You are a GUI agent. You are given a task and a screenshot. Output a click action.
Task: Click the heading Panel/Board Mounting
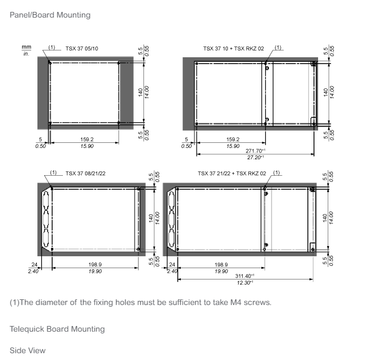[50, 15]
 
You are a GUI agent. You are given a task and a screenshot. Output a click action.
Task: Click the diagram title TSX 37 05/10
[82, 49]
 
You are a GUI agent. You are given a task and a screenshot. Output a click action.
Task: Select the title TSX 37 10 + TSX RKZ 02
[234, 49]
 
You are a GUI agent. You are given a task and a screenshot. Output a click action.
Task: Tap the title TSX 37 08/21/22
[86, 173]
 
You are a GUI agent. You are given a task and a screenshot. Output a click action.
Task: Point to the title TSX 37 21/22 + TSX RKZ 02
[232, 173]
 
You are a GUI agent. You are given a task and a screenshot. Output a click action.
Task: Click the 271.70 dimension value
[254, 151]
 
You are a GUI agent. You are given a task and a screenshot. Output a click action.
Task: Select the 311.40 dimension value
[243, 276]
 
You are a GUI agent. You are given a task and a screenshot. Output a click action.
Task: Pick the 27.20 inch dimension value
[254, 158]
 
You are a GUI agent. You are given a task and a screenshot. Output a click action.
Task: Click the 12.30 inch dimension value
[243, 283]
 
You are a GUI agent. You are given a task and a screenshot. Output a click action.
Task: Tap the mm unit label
[27, 47]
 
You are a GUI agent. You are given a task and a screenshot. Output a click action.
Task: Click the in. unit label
[26, 54]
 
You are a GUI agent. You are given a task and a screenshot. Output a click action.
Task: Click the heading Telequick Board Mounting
[57, 329]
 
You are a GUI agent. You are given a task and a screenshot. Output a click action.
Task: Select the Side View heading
[28, 350]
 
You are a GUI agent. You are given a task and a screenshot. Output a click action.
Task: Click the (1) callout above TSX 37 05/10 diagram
[52, 47]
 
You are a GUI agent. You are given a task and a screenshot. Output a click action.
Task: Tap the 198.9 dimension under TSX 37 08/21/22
[95, 265]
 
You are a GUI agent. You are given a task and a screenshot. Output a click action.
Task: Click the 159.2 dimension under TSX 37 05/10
[87, 139]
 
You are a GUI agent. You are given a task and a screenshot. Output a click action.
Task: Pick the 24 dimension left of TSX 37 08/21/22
[35, 265]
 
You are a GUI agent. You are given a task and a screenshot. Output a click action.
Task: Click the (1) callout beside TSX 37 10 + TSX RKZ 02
[278, 47]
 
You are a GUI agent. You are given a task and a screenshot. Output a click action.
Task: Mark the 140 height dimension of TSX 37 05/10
[141, 92]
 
